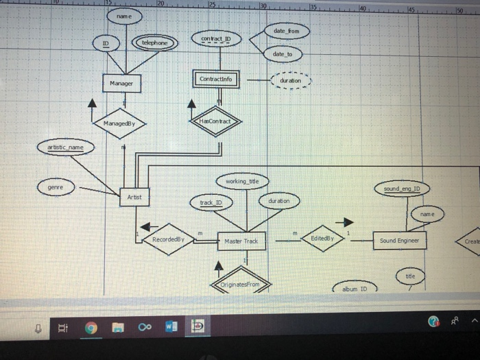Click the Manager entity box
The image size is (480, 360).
(x=121, y=84)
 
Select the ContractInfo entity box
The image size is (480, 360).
(x=216, y=80)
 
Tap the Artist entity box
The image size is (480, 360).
(x=134, y=197)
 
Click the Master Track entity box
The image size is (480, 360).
(x=241, y=241)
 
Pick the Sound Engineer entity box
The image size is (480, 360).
(x=400, y=241)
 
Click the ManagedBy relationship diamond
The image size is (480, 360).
(x=121, y=122)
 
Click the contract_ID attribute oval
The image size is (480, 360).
(x=216, y=38)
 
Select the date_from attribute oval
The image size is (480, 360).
(x=287, y=32)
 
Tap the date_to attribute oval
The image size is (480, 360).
(x=282, y=54)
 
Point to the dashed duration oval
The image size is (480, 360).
(x=291, y=80)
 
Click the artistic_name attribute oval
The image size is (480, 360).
(x=65, y=147)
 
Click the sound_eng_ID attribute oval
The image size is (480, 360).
(x=402, y=187)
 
